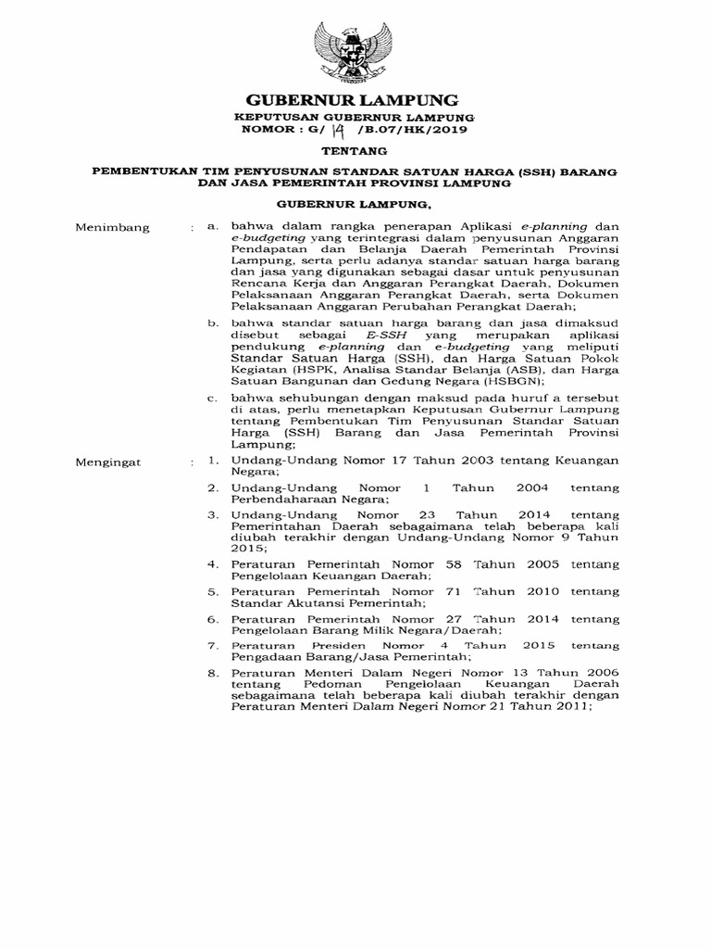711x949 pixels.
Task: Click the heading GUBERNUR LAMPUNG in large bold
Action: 353,99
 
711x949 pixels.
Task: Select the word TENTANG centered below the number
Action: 353,151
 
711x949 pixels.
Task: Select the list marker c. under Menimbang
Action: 212,397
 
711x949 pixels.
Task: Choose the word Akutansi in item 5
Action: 320,602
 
